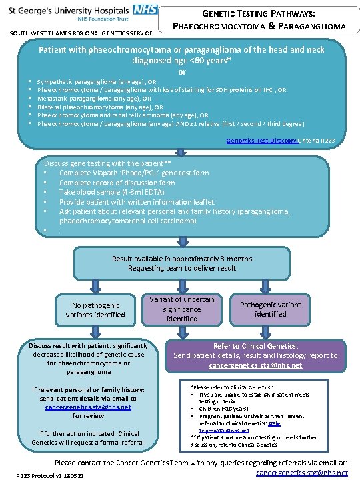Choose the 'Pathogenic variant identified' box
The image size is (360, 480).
click(x=270, y=309)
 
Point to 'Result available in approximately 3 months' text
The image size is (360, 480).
click(x=182, y=258)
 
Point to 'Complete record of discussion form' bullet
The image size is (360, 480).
click(x=117, y=182)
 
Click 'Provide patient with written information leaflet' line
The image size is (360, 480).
click(x=137, y=201)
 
